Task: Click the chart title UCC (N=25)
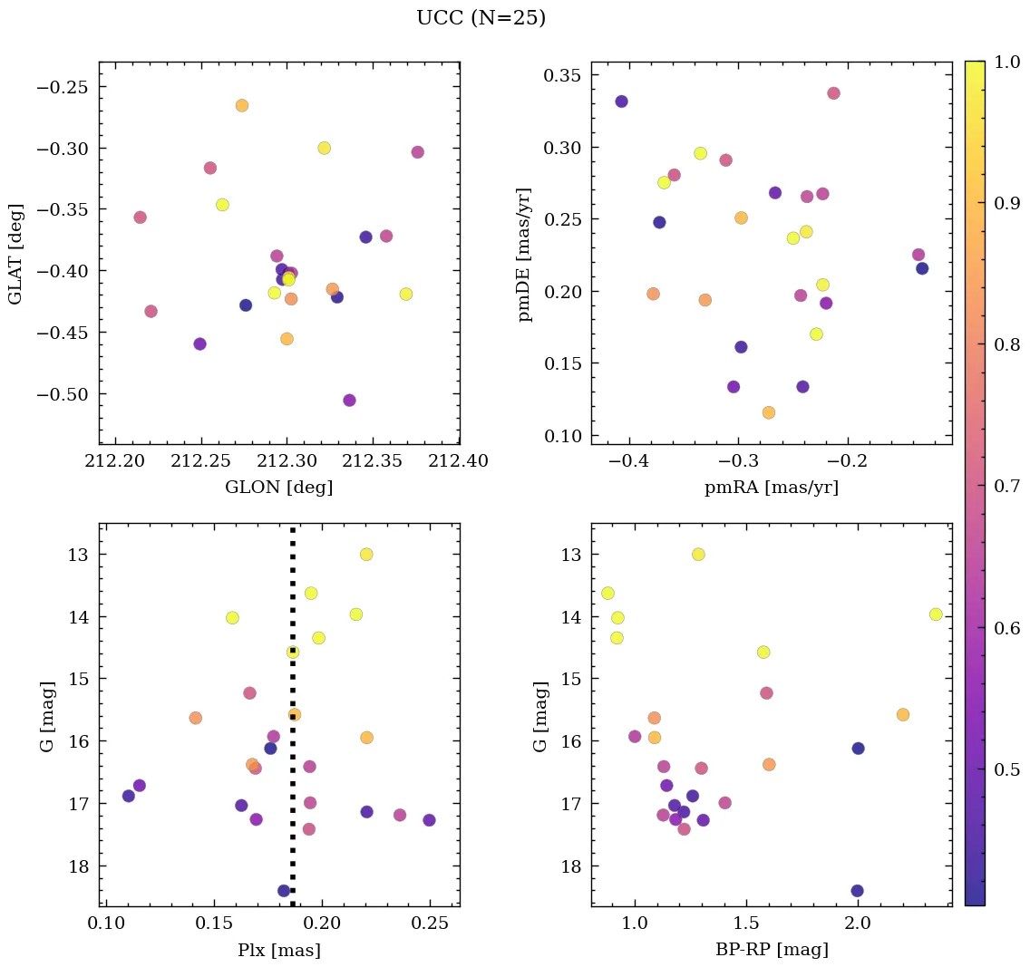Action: pos(481,18)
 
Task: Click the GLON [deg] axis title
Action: pos(278,488)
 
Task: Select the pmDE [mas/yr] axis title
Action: pos(524,254)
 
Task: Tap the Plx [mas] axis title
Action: pos(278,950)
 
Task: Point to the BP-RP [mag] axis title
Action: pos(771,950)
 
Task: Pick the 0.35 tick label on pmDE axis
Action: pos(561,75)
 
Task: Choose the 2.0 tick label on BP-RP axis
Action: pos(858,923)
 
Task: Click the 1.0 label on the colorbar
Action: pos(1005,62)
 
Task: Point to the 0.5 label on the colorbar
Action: pos(1005,769)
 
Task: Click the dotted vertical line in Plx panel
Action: pos(292,770)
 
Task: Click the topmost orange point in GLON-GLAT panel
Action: pos(241,106)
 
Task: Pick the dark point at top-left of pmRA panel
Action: pos(621,102)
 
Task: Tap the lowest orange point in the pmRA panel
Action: pos(768,413)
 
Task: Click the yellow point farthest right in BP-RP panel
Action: pos(936,614)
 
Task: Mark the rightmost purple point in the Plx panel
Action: pos(429,820)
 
